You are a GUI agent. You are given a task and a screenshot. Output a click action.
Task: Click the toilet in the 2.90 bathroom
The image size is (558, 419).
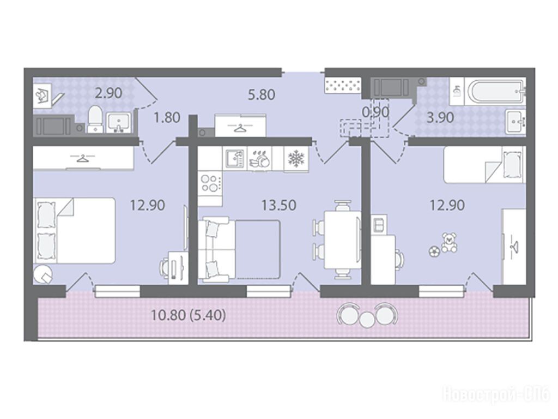coord(95,119)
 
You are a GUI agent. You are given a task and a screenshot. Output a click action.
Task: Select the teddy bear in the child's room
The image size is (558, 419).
coord(450,243)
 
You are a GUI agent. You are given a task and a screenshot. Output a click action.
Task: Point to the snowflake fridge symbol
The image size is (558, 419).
coord(295,159)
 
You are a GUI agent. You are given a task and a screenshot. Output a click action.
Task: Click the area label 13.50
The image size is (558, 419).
coord(278,205)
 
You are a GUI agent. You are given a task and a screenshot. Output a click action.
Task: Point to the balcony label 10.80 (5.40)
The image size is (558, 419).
coord(188,315)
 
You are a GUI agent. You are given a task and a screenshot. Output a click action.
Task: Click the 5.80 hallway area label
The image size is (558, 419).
coord(262,95)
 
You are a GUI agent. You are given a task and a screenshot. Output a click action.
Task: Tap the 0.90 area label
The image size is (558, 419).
coord(375,112)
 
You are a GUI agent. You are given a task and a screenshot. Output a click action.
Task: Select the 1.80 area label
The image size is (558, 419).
coord(167,117)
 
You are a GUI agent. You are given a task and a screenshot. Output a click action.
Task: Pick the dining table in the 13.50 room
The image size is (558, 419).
coord(342,241)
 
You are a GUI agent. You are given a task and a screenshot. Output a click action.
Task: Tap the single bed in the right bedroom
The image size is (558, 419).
coord(484,165)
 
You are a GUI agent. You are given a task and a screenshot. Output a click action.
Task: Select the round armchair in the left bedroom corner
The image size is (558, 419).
coord(43,275)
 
